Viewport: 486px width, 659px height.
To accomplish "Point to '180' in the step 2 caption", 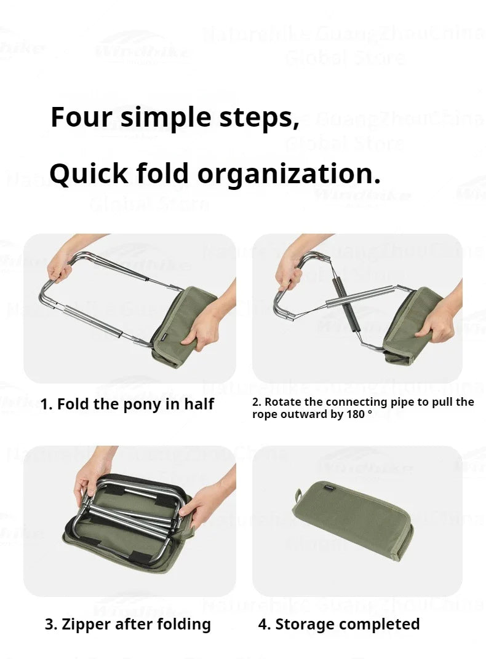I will click(354, 414).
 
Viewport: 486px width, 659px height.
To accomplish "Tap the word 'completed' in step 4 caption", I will click(381, 625).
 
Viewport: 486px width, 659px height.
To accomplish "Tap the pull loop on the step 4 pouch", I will click(298, 495).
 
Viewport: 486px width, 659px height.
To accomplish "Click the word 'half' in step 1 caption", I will click(199, 404).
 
